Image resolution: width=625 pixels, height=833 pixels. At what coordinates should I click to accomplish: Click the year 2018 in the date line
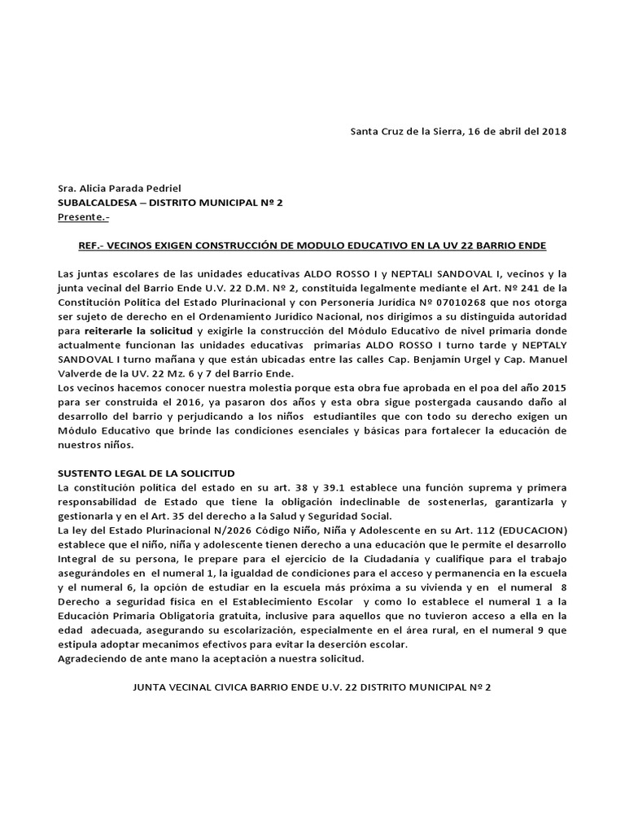tap(553, 131)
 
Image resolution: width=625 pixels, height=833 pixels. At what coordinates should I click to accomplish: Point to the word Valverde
tap(81, 373)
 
